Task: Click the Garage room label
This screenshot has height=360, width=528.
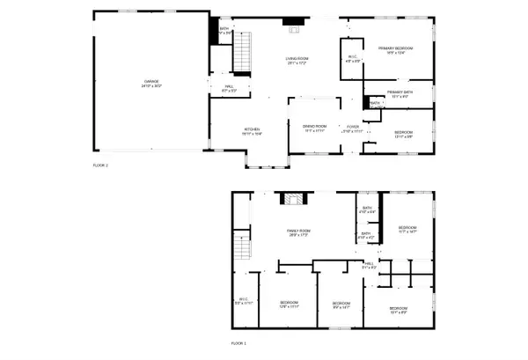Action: (147, 84)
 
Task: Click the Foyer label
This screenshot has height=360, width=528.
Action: (352, 128)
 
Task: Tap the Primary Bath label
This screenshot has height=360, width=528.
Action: (400, 93)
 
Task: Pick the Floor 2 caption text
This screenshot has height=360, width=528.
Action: (100, 165)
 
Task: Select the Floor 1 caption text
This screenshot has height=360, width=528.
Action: (239, 342)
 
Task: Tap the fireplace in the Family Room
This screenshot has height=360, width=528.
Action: (291, 199)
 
